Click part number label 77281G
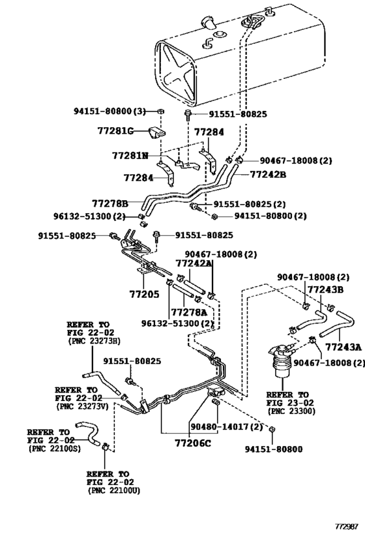pos(116,130)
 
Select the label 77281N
pos(130,156)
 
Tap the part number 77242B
pos(268,174)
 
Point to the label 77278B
pos(110,203)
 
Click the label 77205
pos(144,294)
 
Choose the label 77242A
pos(194,263)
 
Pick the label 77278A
pos(189,312)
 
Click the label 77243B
pos(325,289)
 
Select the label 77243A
pos(343,347)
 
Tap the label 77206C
pos(193,443)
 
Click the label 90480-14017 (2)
pos(227,426)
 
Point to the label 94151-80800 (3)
pos(109,111)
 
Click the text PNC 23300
pos(292,411)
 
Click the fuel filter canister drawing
pos(283,361)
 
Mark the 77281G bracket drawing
pos(156,133)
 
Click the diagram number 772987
pos(345,527)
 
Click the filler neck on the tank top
pos(208,22)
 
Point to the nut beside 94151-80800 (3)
pos(162,111)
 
